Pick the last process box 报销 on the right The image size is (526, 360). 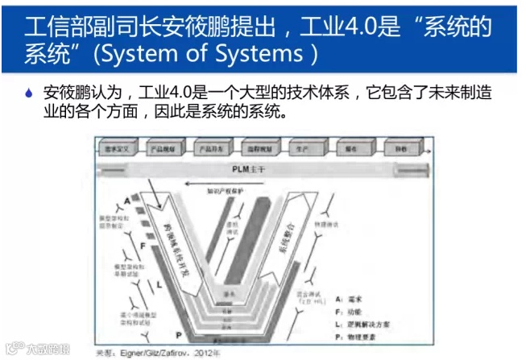(x=397, y=147)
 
